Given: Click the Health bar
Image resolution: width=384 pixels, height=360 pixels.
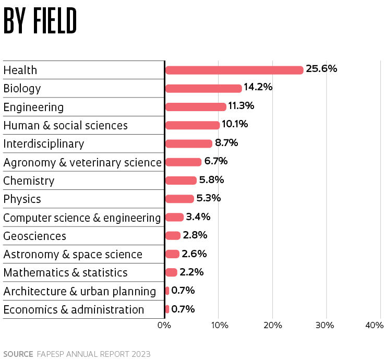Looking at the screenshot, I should coord(234,70).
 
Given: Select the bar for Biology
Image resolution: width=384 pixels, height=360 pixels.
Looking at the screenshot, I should coord(203,88).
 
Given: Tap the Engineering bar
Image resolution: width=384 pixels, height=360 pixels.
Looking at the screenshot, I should coord(196,107).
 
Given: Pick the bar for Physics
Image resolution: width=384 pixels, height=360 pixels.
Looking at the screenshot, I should coord(179,199).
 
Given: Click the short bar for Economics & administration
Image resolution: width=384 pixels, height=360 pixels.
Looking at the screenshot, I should coord(167,309).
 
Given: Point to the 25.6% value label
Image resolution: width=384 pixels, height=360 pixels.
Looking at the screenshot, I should coord(321,69).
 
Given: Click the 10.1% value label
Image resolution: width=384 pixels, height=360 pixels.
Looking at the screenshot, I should coord(234,124).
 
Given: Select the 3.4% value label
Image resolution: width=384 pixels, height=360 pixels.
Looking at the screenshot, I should coord(198,217).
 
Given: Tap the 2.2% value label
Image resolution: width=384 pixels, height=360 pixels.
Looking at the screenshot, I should coord(191,272).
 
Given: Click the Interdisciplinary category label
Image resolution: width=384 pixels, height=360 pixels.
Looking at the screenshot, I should coord(44,144).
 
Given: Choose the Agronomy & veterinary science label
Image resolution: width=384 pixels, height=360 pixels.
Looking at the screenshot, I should coord(82,162).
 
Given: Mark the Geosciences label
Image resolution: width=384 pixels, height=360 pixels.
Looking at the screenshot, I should coord(35,236).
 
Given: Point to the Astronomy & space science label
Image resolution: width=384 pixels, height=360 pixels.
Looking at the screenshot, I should coord(73,254).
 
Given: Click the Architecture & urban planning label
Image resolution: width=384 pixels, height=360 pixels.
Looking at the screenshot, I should coord(80,291).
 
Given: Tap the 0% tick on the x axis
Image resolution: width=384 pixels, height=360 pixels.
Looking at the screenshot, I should coord(164,326).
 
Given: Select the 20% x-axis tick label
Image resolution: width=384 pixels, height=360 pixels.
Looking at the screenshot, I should coord(272,326).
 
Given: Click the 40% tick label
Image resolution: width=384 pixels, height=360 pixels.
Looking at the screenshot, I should coord(375,326).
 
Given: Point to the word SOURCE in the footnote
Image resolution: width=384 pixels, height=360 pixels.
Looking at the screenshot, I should coord(18,354).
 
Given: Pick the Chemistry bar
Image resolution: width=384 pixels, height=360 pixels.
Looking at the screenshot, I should coord(181,181).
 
